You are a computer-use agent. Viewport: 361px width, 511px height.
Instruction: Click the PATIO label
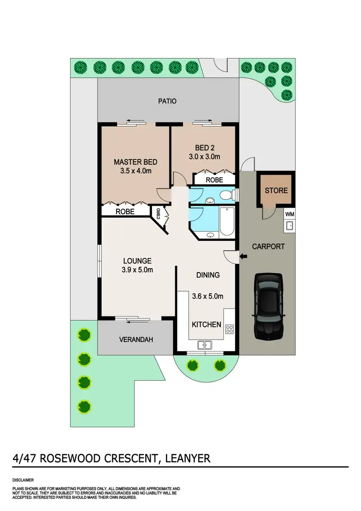(x=168, y=101)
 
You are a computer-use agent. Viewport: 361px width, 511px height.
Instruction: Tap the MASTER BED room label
(x=135, y=162)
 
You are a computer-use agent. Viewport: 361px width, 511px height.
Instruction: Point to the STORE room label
(x=276, y=190)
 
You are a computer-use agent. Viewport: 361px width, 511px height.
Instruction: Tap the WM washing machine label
(x=290, y=214)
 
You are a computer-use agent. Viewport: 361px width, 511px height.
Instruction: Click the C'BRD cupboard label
(x=157, y=212)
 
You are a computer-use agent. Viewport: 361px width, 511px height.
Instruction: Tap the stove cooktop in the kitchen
(x=229, y=330)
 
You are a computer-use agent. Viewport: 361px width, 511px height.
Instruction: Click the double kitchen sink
(x=205, y=344)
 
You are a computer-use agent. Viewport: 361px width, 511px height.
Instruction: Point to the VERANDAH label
(x=136, y=340)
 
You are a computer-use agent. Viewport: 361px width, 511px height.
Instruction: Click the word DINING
(x=208, y=275)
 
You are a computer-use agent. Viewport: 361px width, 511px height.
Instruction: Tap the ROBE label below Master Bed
(x=125, y=211)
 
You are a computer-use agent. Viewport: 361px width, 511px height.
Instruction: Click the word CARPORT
(x=269, y=246)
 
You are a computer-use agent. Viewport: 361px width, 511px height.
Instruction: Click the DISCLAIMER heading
(x=24, y=480)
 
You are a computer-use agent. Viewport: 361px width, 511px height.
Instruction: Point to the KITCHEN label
(x=206, y=325)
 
